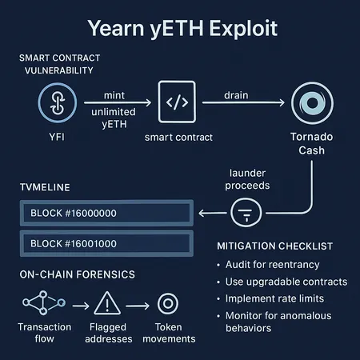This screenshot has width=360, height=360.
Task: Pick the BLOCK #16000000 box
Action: [x=104, y=213]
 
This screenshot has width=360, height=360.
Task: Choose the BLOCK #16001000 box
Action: [x=104, y=242]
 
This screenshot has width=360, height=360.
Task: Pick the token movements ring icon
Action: [x=168, y=304]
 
